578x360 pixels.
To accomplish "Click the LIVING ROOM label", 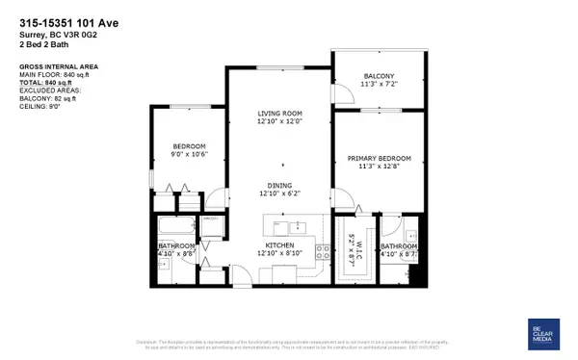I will click(281, 114).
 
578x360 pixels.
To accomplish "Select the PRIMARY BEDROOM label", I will click(379, 159).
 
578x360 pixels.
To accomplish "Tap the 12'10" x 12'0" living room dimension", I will click(281, 122).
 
